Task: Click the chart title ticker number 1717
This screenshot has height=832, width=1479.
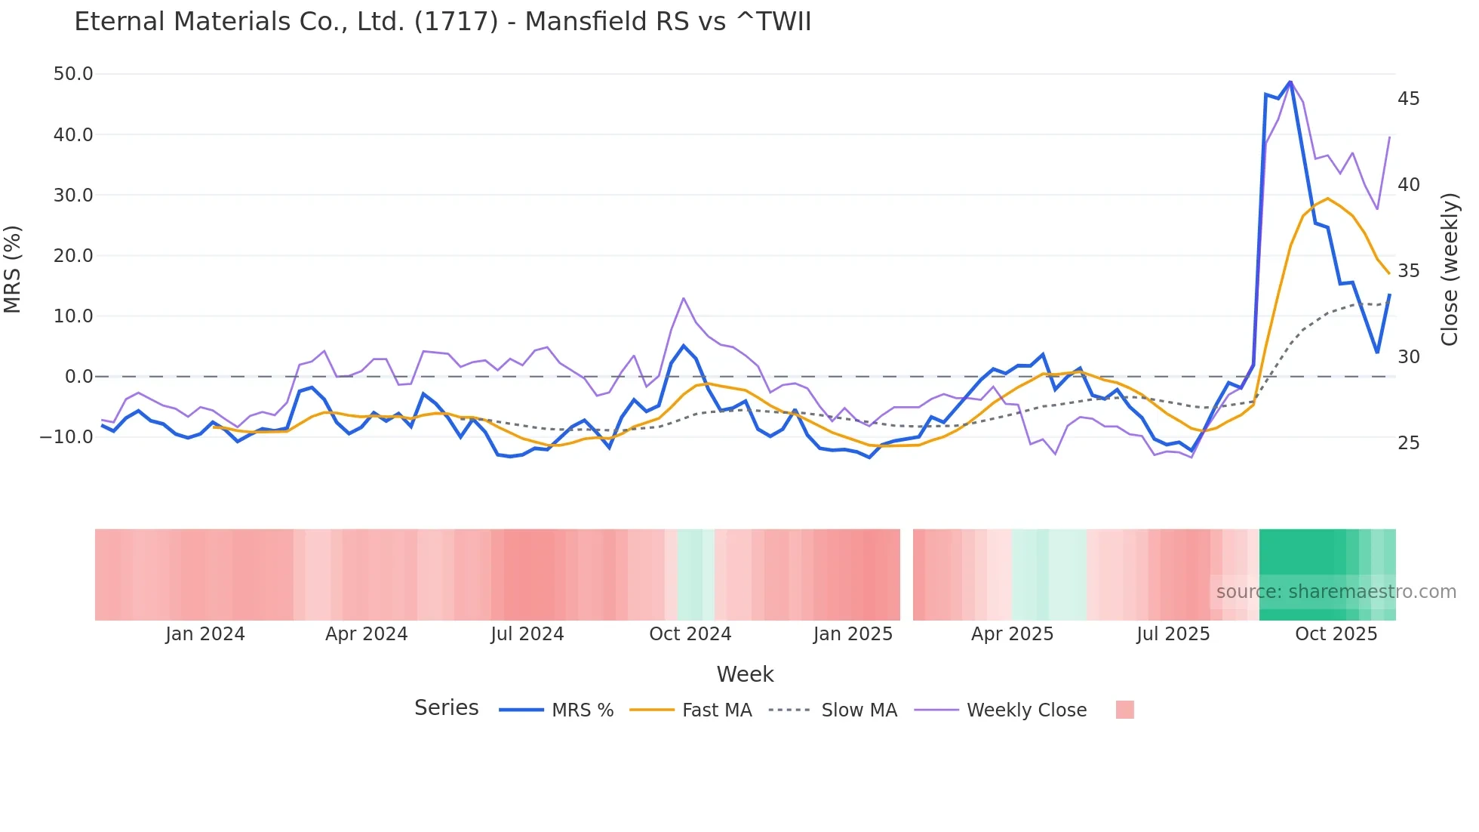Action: pyautogui.click(x=456, y=21)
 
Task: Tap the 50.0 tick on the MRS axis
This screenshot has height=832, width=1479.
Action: pyautogui.click(x=73, y=74)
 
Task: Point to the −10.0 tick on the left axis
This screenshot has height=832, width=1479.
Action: pyautogui.click(x=67, y=436)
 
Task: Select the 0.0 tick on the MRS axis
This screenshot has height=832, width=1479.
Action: pyautogui.click(x=78, y=376)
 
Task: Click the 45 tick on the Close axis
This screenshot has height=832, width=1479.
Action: pyautogui.click(x=1408, y=99)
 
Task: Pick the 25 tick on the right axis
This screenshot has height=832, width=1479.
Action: pyautogui.click(x=1408, y=442)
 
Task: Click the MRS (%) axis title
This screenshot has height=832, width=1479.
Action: pyautogui.click(x=13, y=269)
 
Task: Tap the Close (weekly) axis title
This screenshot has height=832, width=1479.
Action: pyautogui.click(x=1449, y=269)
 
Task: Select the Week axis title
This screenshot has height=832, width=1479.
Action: pyautogui.click(x=745, y=674)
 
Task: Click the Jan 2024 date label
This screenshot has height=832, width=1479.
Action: pyautogui.click(x=205, y=634)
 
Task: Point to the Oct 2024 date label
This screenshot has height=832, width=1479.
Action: pyautogui.click(x=690, y=634)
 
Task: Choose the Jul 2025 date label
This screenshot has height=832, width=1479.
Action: pyautogui.click(x=1173, y=634)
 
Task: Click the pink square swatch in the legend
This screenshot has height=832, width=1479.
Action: pyautogui.click(x=1124, y=710)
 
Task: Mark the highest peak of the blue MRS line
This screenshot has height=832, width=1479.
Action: pyautogui.click(x=1290, y=82)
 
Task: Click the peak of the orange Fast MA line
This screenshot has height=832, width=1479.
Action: pyautogui.click(x=1327, y=199)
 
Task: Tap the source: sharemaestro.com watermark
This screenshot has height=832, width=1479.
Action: pyautogui.click(x=1336, y=592)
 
